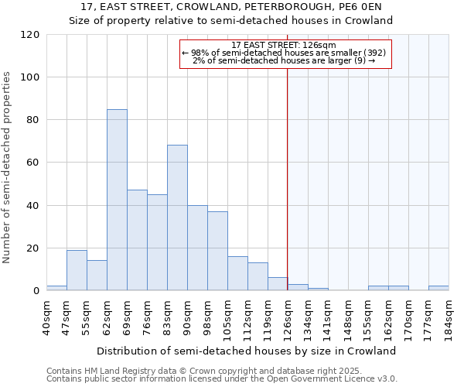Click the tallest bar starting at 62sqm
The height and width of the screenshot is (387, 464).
pyautogui.click(x=117, y=200)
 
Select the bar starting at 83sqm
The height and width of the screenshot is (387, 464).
pyautogui.click(x=177, y=217)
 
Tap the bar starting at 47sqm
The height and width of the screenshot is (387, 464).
pyautogui.click(x=77, y=270)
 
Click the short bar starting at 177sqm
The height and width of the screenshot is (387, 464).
pyautogui.click(x=438, y=289)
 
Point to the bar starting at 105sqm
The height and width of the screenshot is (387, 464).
pyautogui.click(x=237, y=273)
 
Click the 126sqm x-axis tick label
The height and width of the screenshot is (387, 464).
pyautogui.click(x=288, y=317)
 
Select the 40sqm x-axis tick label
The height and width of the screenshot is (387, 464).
pyautogui.click(x=46, y=317)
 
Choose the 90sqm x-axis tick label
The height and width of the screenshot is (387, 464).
pyautogui.click(x=187, y=317)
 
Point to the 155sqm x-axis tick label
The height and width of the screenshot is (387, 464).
pyautogui.click(x=368, y=317)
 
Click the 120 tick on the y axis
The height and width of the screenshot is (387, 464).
pyautogui.click(x=30, y=35)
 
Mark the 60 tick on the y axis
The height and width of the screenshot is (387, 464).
pyautogui.click(x=33, y=163)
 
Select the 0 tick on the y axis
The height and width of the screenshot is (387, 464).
pyautogui.click(x=36, y=291)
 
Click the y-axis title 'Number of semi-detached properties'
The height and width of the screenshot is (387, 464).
pyautogui.click(x=8, y=167)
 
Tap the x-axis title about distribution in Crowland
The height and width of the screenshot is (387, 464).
pyautogui.click(x=247, y=351)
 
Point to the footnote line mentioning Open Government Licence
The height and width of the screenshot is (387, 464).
pyautogui.click(x=222, y=378)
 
